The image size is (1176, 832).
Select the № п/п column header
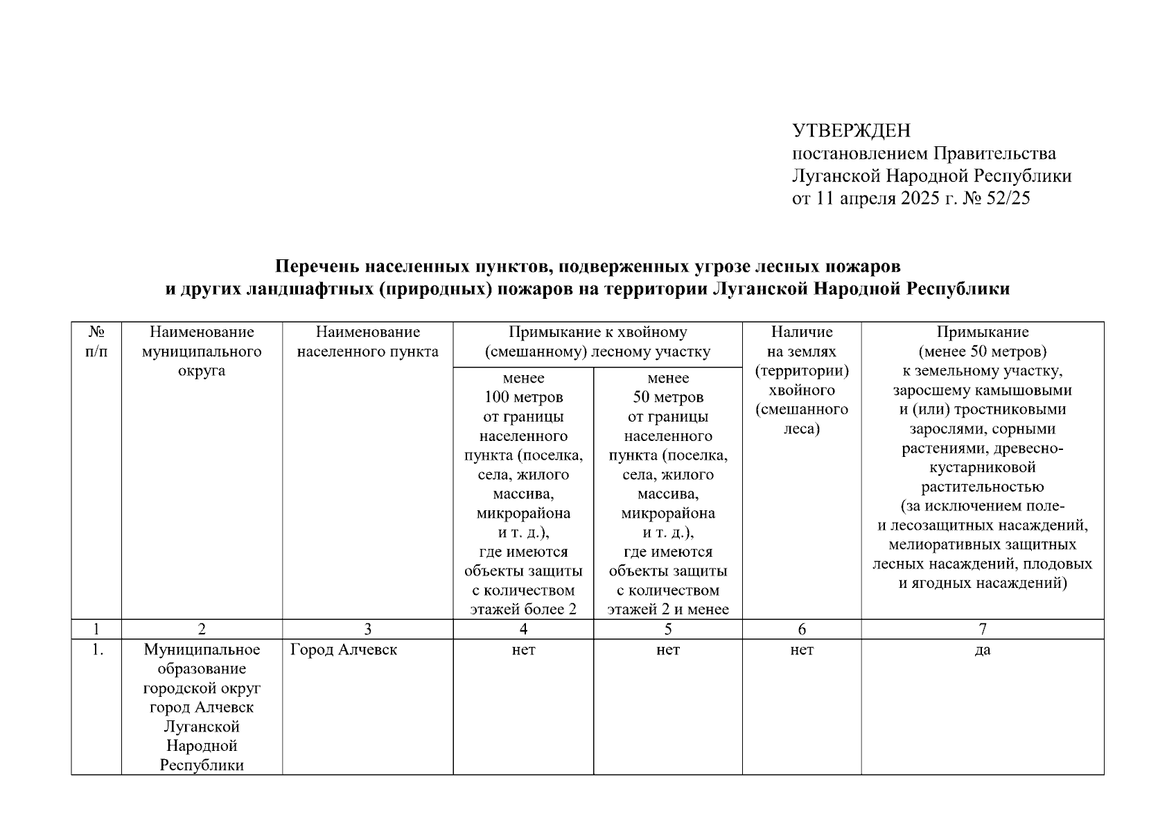point(96,342)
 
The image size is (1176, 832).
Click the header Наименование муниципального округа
point(202,351)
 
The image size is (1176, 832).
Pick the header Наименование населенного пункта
point(367,342)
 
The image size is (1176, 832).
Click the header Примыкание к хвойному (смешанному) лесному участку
point(597,342)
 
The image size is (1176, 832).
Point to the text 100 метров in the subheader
point(523,397)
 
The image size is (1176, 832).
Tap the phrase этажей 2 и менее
point(668,609)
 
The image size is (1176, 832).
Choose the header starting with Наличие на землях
point(802,380)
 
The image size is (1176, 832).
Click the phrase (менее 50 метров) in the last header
point(982,352)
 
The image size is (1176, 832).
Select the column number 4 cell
point(523,629)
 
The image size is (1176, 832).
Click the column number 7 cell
point(982,629)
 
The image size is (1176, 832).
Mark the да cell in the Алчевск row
point(982,650)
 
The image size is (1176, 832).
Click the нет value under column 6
point(802,650)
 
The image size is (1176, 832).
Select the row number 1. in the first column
point(96,650)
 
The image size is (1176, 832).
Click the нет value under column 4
point(523,650)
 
